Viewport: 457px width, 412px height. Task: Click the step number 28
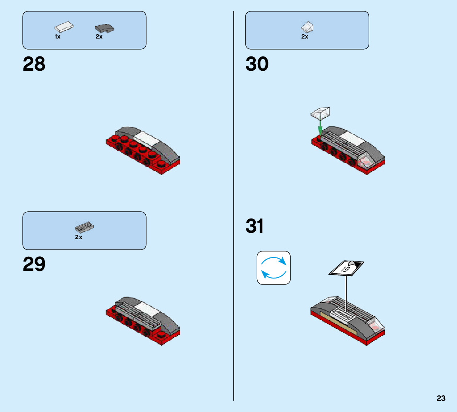(34, 64)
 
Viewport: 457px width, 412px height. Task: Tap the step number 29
(34, 264)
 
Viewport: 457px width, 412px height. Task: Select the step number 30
(257, 64)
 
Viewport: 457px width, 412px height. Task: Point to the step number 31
(255, 226)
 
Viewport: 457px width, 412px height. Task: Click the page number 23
(441, 398)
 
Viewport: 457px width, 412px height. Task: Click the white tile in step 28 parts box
(64, 27)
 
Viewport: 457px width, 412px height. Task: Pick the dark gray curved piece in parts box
(104, 28)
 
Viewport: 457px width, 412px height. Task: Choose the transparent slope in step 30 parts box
(308, 27)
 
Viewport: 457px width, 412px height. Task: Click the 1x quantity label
(58, 37)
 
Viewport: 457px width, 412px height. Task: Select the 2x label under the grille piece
(79, 237)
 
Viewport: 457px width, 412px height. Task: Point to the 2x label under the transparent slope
(305, 37)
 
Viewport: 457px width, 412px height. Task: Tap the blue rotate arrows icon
(274, 267)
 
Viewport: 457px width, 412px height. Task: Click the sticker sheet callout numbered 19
(346, 268)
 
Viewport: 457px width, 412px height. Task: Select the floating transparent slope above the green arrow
(321, 113)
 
